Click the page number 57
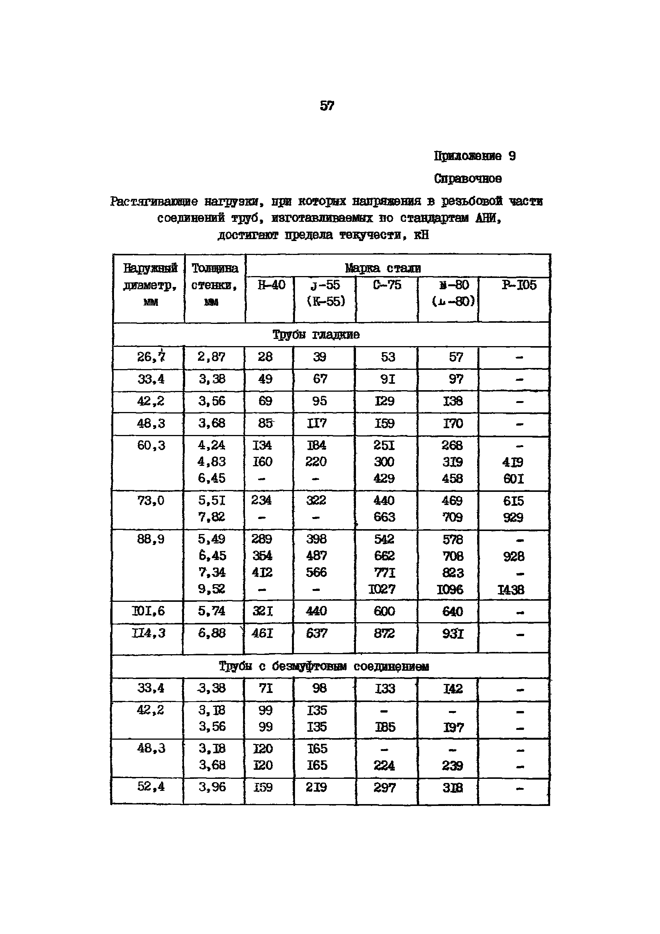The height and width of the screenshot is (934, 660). (x=327, y=106)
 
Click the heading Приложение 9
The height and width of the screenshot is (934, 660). (x=474, y=156)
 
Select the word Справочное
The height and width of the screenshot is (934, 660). (x=467, y=179)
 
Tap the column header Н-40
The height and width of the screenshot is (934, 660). (x=271, y=285)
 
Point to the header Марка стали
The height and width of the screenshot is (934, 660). (x=382, y=268)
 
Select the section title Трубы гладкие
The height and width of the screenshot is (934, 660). (x=316, y=335)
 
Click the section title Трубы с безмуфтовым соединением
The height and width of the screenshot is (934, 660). (x=324, y=666)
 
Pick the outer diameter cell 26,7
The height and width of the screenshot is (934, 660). (x=151, y=357)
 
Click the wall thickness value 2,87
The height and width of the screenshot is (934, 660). (x=211, y=357)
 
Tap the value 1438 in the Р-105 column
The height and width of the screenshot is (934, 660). (x=511, y=590)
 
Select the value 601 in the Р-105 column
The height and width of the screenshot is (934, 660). (x=513, y=479)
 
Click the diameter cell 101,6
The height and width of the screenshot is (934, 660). (x=148, y=611)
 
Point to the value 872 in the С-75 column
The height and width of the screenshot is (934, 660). (x=384, y=633)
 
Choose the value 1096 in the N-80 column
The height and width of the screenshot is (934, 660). (x=450, y=589)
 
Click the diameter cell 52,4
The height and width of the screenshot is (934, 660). (x=151, y=786)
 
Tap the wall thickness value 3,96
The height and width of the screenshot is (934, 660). (x=212, y=787)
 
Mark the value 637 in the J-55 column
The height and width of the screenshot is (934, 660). (x=316, y=633)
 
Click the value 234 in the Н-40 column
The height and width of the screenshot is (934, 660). (x=261, y=500)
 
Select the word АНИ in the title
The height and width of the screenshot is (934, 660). (x=487, y=218)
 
